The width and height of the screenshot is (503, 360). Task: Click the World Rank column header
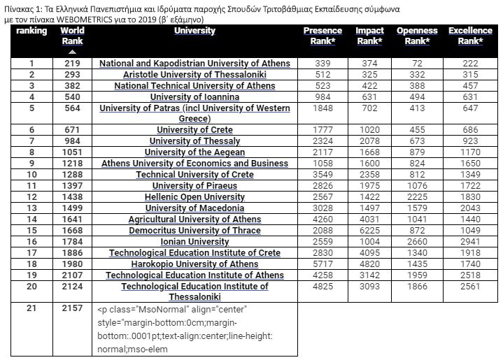click(72, 36)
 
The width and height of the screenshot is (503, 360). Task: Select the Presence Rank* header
click(323, 36)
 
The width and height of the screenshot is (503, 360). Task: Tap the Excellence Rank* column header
click(470, 36)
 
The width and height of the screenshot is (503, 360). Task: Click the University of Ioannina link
click(194, 97)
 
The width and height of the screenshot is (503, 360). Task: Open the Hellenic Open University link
click(194, 197)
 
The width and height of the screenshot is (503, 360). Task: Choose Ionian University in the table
click(194, 242)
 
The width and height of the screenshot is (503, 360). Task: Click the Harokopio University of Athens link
click(194, 264)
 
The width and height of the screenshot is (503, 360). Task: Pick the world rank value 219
click(72, 64)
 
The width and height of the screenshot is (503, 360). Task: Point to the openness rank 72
click(417, 64)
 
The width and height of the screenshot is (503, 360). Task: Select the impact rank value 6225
click(369, 231)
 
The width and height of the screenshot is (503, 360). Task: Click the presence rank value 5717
click(323, 264)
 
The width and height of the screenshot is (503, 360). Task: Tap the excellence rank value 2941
click(470, 242)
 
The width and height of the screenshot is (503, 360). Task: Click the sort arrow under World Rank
click(72, 52)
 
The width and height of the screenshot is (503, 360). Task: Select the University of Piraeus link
click(194, 186)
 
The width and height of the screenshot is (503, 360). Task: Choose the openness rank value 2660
click(417, 242)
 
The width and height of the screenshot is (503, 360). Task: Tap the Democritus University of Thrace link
click(194, 231)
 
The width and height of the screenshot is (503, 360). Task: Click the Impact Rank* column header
click(369, 36)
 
